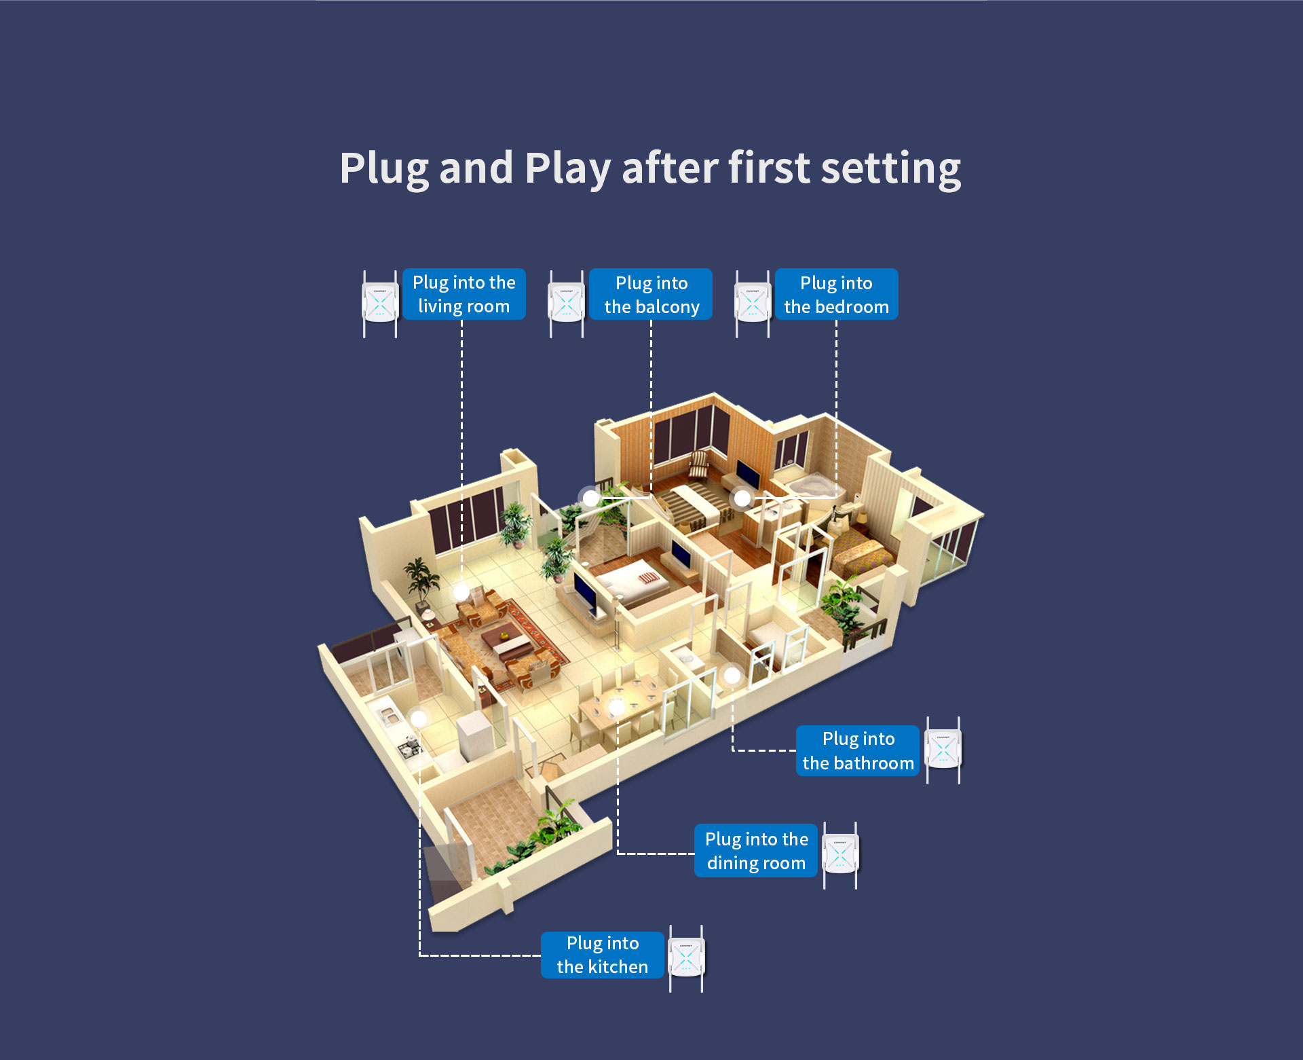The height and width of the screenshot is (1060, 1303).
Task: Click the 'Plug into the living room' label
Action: (x=464, y=294)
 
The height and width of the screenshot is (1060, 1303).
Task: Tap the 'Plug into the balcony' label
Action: (x=651, y=295)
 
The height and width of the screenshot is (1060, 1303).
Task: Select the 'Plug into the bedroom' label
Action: (x=836, y=295)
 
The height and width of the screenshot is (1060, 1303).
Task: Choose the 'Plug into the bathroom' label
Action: (x=858, y=750)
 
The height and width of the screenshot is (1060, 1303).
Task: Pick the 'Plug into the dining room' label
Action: (x=756, y=851)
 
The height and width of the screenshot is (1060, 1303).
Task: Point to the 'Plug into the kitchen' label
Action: (x=602, y=955)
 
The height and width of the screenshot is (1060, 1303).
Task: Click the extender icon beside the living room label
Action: (x=380, y=304)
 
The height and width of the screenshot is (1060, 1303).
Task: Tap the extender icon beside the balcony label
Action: (x=567, y=304)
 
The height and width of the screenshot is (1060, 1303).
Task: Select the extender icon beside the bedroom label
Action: (x=753, y=304)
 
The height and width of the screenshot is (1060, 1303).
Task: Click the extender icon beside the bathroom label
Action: (x=943, y=750)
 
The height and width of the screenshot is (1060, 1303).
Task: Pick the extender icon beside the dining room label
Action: (x=840, y=855)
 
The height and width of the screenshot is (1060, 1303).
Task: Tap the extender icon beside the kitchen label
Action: (x=686, y=958)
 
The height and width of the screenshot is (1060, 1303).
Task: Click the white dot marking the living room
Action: (x=461, y=591)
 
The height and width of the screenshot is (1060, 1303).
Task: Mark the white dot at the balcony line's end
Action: (x=591, y=498)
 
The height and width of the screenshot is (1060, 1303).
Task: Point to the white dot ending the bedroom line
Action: (x=742, y=498)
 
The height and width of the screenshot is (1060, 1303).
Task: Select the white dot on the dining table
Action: (x=616, y=708)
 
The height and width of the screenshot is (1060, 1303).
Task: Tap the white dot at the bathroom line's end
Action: (x=732, y=675)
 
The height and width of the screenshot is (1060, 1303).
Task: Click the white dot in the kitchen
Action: (x=419, y=718)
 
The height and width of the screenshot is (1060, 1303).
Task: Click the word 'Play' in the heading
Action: (x=567, y=168)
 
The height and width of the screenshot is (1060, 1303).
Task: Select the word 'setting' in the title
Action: (x=890, y=168)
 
